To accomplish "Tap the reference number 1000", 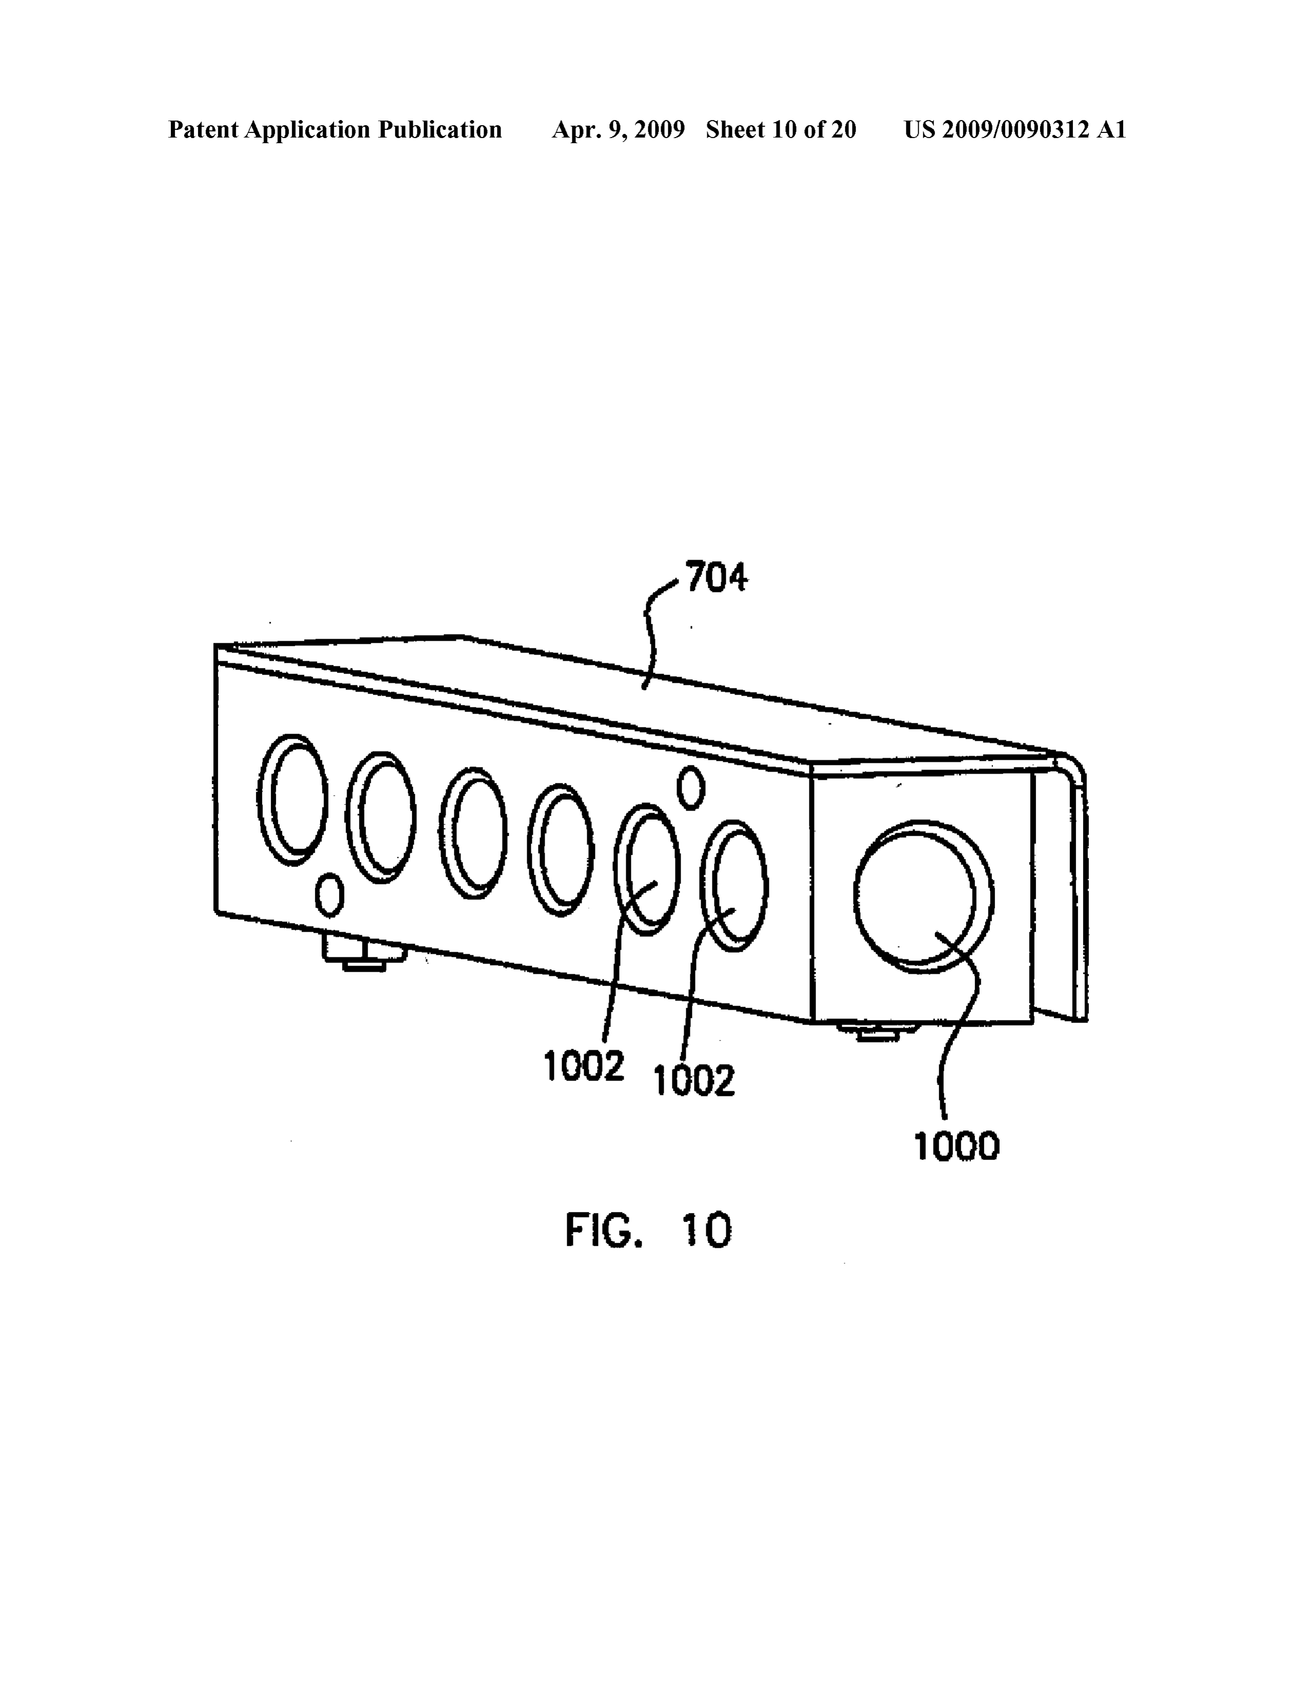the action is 957,1147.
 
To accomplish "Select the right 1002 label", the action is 694,1080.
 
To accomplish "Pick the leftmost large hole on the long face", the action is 292,799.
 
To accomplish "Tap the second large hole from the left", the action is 381,816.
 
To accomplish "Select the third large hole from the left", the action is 473,833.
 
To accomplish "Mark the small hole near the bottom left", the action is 329,895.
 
